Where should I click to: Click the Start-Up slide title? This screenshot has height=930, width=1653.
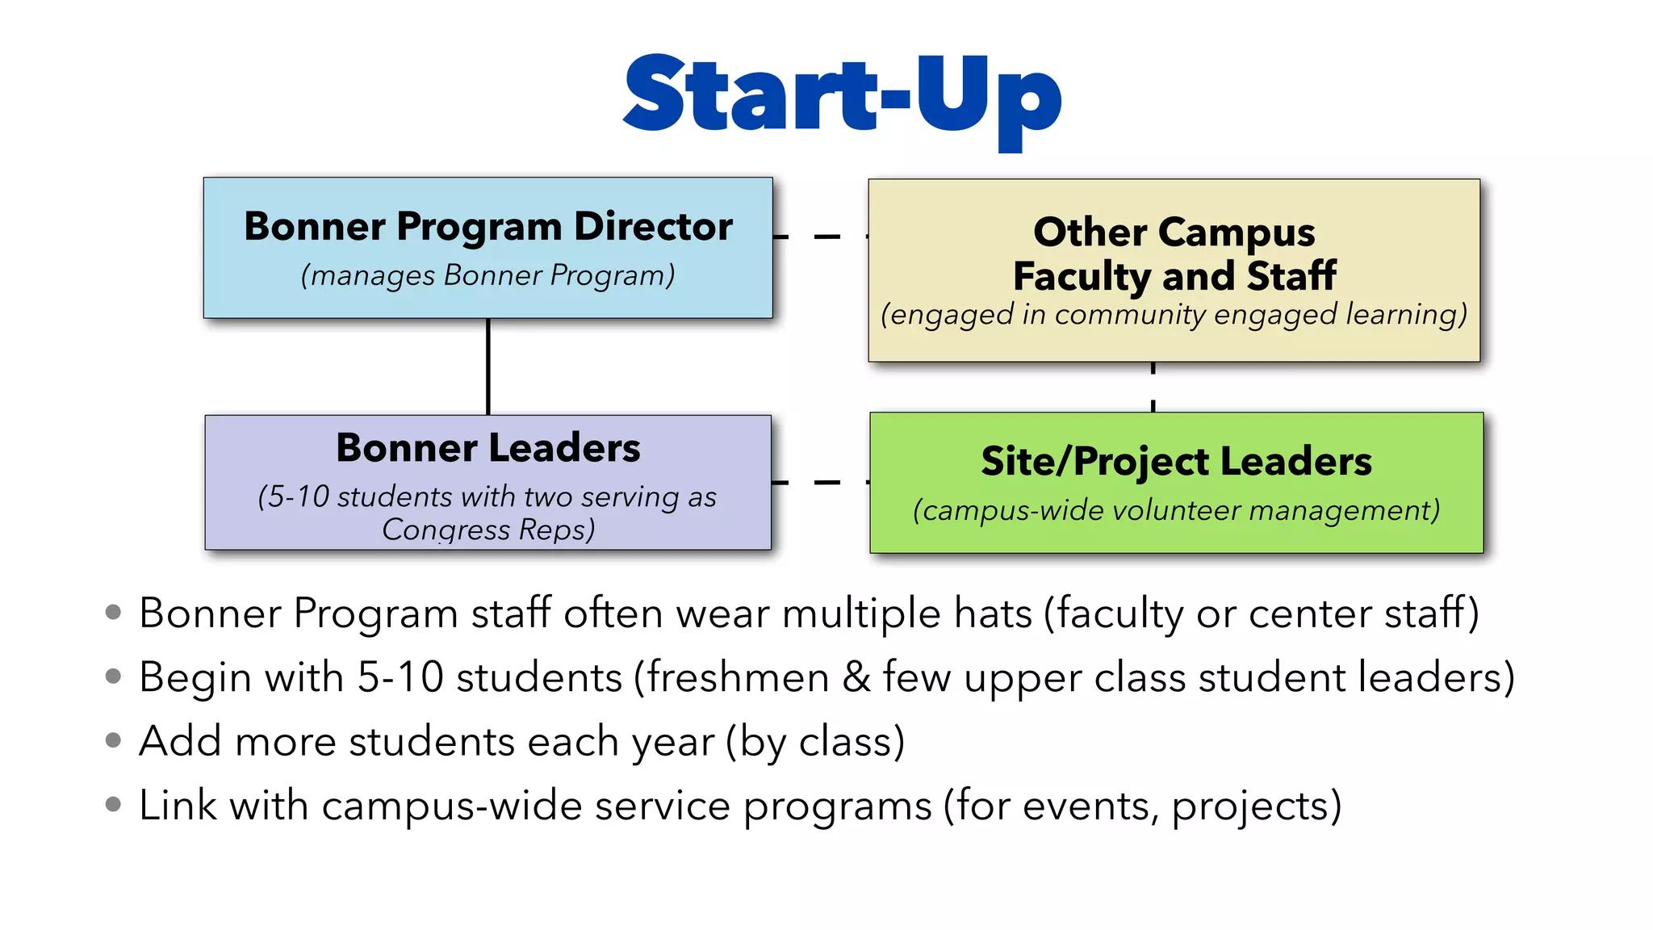pos(842,95)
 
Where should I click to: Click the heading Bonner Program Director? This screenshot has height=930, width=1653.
pos(488,227)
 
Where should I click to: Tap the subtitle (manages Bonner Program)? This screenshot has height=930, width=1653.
pos(488,275)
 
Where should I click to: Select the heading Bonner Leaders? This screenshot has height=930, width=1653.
pos(488,448)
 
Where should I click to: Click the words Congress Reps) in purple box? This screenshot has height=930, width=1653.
pos(488,530)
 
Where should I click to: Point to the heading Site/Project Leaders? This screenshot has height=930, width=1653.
pos(1176,462)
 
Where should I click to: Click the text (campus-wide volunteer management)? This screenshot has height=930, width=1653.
pos(1176,510)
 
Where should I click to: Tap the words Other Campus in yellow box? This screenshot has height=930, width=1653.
pos(1174,232)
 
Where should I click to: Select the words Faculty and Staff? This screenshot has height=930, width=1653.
pos(1174,276)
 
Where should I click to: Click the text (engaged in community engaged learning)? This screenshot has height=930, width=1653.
pos(1174,314)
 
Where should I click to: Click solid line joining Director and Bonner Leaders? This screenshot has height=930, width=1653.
pos(488,367)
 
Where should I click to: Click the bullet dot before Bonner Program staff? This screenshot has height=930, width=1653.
pos(114,612)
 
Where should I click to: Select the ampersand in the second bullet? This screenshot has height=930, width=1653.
pos(856,677)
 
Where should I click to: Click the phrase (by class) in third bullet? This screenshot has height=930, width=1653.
pos(815,741)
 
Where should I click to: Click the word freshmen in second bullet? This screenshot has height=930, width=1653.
pos(738,677)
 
